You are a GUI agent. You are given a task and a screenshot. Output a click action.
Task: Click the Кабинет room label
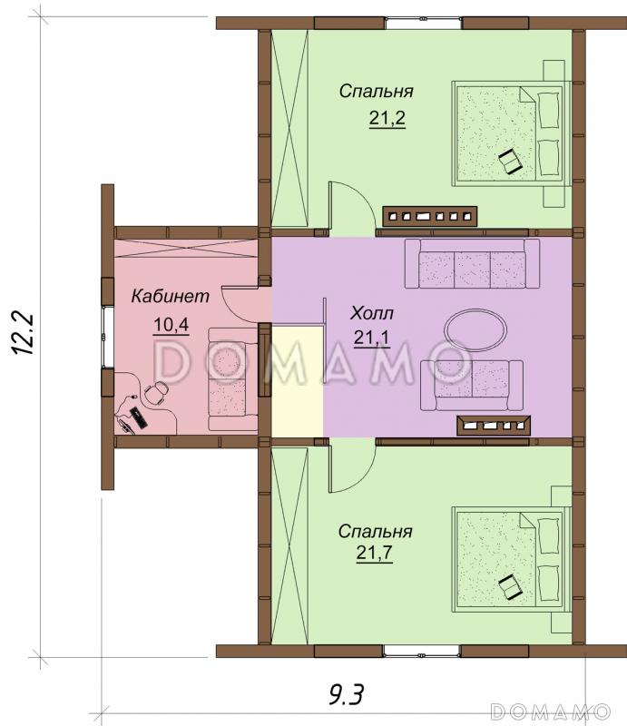170,296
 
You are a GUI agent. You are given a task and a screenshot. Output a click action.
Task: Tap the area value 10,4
171,325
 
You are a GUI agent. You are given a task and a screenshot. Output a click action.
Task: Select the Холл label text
372,313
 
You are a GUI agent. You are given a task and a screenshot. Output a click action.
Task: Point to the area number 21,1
371,338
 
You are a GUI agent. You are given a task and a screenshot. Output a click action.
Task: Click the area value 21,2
387,118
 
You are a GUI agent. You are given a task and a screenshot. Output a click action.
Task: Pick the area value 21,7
374,553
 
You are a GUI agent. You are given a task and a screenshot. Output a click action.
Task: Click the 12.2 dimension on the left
22,333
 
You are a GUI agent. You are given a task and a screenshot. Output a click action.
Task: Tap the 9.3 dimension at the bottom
347,694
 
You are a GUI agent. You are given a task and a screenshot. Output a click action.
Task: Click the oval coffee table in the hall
475,329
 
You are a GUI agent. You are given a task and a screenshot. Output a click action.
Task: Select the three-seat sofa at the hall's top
473,263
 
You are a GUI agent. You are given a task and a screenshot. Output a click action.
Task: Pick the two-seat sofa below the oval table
472,386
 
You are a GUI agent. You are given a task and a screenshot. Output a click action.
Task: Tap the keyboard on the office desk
139,417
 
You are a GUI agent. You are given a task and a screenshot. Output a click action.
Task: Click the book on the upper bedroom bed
510,162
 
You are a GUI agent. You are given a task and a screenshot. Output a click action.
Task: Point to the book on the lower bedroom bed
510,586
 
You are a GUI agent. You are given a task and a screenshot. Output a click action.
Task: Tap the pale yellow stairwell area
297,380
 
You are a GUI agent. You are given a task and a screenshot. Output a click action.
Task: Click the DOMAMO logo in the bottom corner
551,711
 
